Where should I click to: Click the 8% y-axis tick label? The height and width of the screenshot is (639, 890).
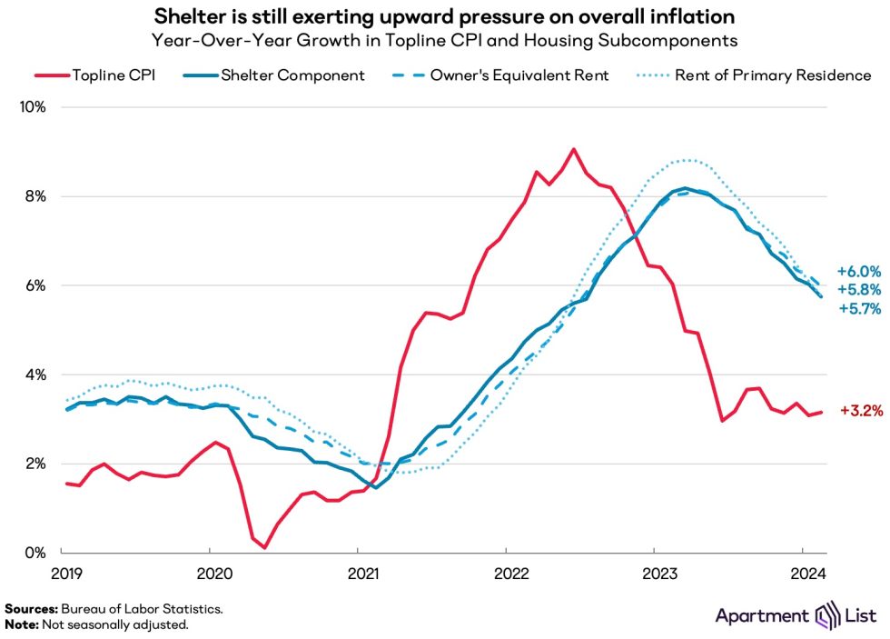pyautogui.click(x=34, y=196)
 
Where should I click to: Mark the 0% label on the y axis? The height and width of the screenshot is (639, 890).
pyautogui.click(x=34, y=553)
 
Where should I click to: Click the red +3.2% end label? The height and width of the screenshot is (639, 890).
pyautogui.click(x=858, y=411)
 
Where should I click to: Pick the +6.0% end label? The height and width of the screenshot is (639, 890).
pyautogui.click(x=858, y=271)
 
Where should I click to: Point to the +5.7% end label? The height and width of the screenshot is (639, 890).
pyautogui.click(x=858, y=309)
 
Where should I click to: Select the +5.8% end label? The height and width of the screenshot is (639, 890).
pyautogui.click(x=858, y=290)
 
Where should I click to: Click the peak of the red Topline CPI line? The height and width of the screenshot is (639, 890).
pyautogui.click(x=573, y=149)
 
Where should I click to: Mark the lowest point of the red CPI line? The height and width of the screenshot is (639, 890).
pyautogui.click(x=264, y=547)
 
